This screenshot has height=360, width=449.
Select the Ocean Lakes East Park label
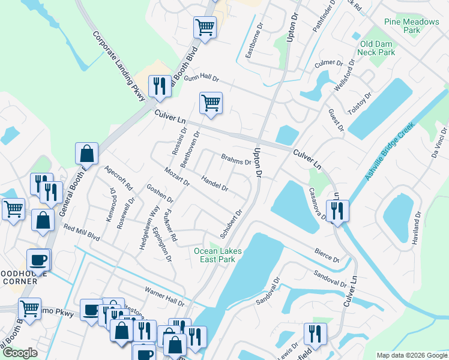point(218,255)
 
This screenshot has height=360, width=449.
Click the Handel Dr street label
point(215,184)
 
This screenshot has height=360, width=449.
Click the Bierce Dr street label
point(327,256)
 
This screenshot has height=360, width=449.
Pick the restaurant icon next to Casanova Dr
point(337,211)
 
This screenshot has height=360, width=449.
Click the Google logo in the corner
point(20,353)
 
